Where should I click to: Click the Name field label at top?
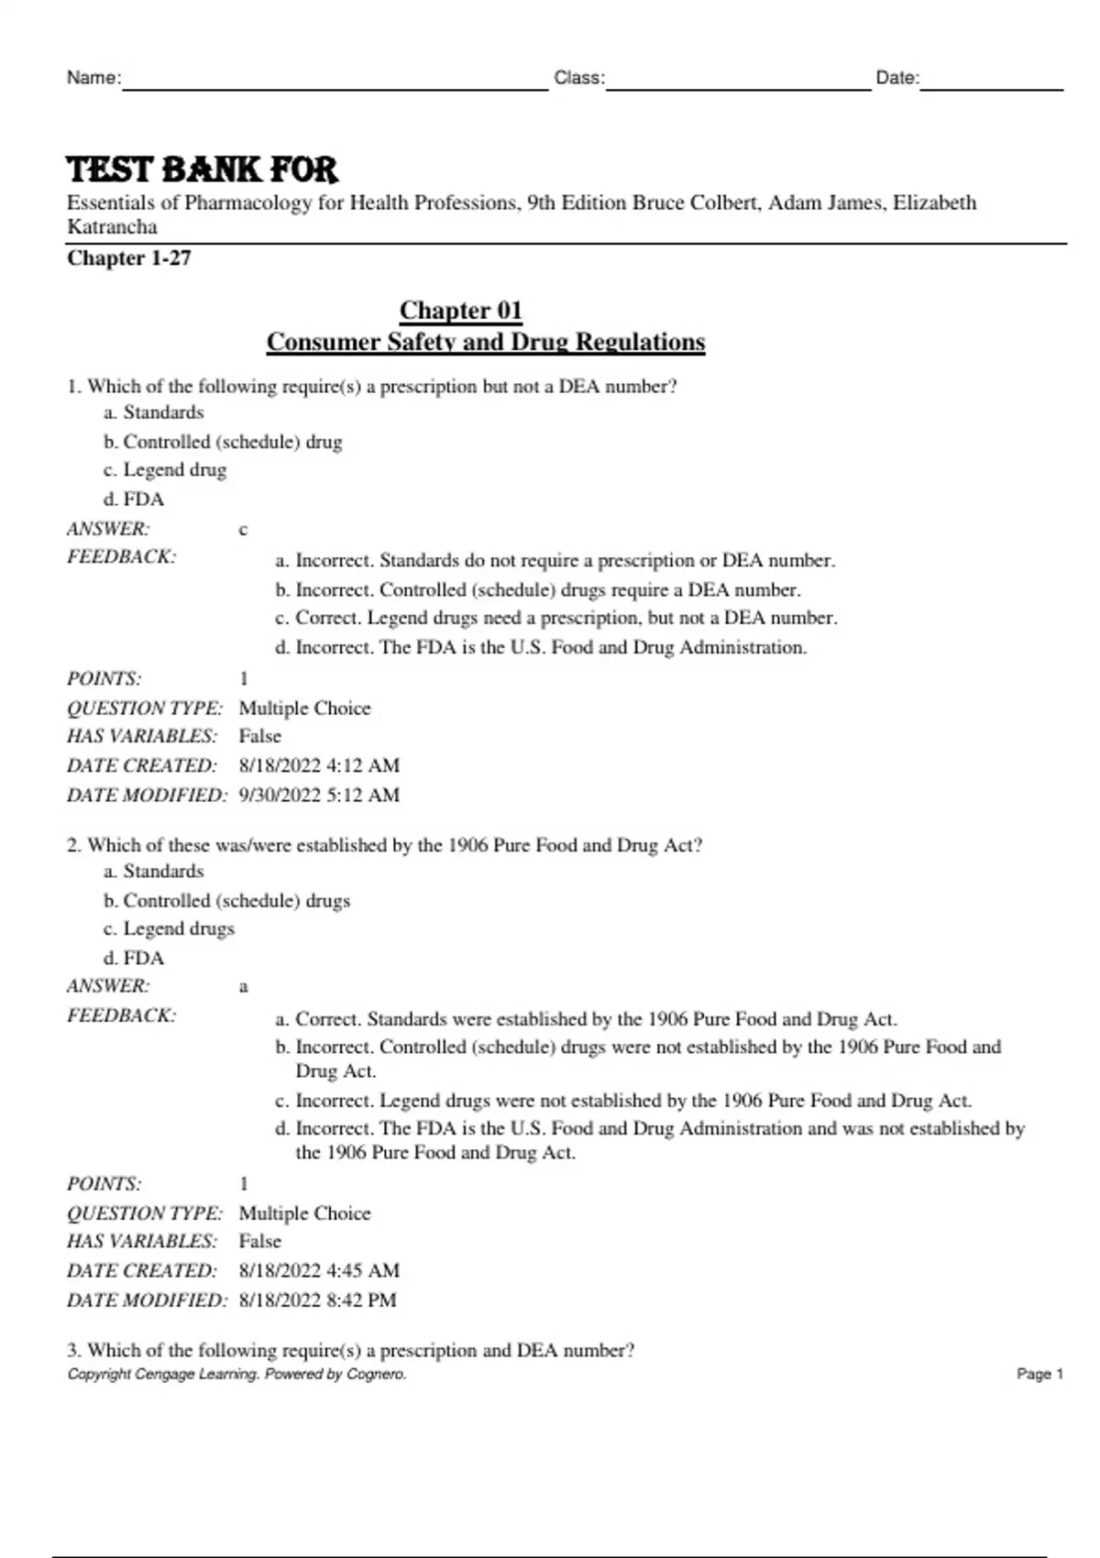tap(93, 78)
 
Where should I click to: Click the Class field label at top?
tap(578, 78)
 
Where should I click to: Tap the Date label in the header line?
tap(896, 78)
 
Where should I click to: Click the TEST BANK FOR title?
tap(203, 170)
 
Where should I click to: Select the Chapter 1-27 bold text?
tap(129, 258)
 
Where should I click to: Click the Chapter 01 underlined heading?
tap(460, 311)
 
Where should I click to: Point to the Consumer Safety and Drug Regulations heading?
tap(486, 342)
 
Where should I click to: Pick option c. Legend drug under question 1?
tap(165, 470)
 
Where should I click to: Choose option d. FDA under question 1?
tap(134, 499)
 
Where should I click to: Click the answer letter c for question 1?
tap(243, 530)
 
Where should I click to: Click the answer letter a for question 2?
tap(243, 987)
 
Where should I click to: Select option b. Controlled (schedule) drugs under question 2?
tap(226, 901)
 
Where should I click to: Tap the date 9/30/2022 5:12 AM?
tap(319, 795)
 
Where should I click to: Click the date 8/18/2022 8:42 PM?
tap(317, 1300)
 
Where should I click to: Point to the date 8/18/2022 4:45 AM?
tap(319, 1270)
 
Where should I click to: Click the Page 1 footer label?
tap(1039, 1374)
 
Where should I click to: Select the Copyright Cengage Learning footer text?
tap(236, 1374)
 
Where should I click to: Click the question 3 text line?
tap(350, 1350)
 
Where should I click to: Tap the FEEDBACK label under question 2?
tap(121, 1015)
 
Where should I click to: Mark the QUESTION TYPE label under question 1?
tap(144, 708)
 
